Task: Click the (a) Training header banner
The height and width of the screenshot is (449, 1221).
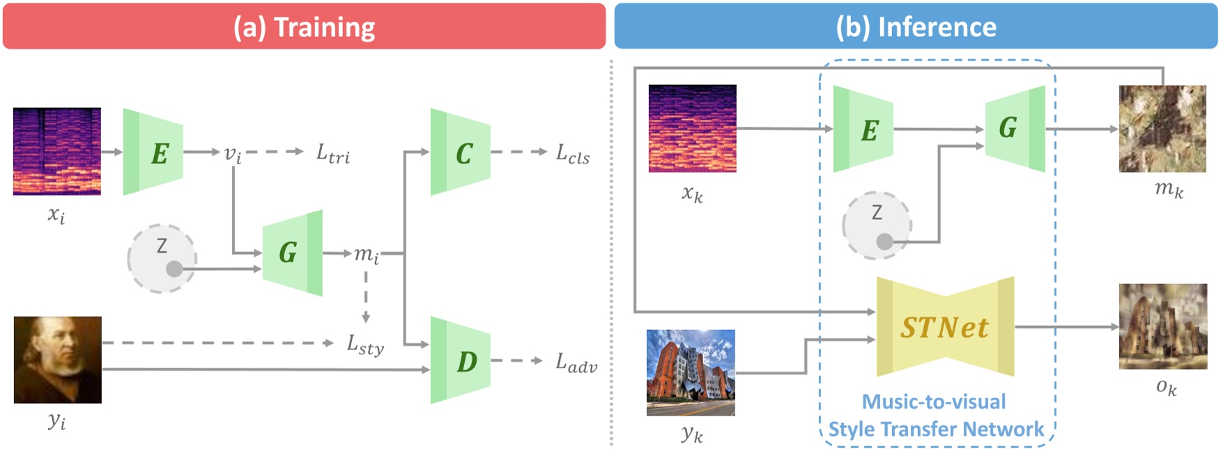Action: point(304,26)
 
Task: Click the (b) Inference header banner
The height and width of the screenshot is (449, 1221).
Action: point(916,26)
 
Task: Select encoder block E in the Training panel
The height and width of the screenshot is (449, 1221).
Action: point(153,152)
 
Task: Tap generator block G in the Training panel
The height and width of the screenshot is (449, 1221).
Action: point(292,253)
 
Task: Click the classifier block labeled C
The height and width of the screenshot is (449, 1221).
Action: point(461,152)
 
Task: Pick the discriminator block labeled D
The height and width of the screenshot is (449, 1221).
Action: point(461,361)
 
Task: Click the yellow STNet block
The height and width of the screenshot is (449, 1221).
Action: point(945,327)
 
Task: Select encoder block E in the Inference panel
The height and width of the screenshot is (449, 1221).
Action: point(863,129)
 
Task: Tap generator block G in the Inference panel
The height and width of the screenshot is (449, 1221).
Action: point(1015,128)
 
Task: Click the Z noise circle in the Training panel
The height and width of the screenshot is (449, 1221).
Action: point(162,258)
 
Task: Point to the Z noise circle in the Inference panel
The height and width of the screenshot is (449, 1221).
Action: point(877,225)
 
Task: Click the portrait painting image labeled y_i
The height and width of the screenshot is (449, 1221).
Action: point(58,360)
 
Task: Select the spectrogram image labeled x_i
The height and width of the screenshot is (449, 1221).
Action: point(57,151)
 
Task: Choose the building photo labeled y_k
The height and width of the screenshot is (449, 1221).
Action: point(691,372)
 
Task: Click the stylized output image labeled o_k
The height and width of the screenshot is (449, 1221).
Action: point(1162,326)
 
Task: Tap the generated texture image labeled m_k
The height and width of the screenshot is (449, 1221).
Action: point(1162,129)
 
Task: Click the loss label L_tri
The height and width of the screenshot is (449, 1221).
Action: point(333,154)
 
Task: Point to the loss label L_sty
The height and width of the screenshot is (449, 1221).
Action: point(365,345)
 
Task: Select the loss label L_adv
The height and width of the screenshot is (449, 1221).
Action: point(576,363)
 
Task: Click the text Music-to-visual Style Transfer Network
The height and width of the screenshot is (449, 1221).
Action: point(935,416)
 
